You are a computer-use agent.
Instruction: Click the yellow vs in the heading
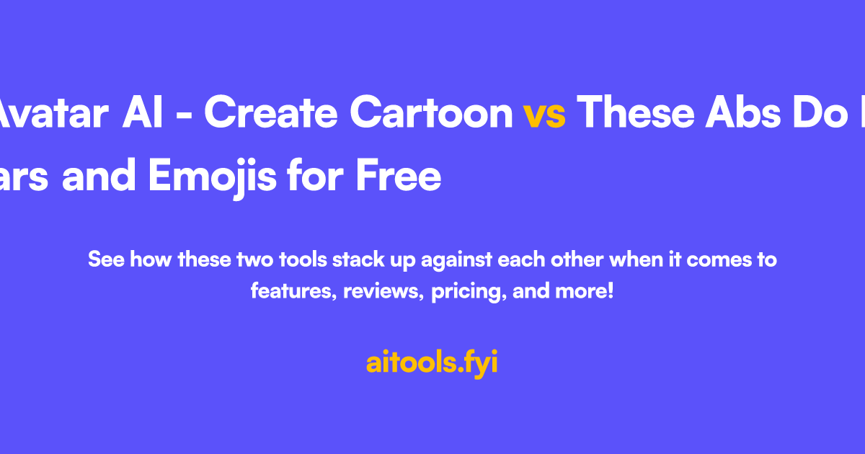(544, 114)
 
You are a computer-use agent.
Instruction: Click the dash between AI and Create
(195, 115)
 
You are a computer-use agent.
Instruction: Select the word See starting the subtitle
(105, 259)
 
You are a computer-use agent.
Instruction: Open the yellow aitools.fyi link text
(432, 363)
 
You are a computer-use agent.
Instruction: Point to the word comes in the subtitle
(716, 259)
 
